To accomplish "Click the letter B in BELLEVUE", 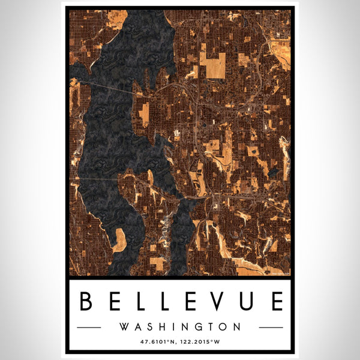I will click(85, 301).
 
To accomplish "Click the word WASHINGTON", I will click(180, 327).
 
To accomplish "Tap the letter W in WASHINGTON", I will click(124, 327).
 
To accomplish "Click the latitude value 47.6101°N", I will click(158, 342).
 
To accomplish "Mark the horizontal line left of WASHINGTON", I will click(90, 328).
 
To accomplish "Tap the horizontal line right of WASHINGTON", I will click(270, 328).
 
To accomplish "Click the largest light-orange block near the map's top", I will click(212, 65).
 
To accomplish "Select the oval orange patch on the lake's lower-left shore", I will click(120, 239).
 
